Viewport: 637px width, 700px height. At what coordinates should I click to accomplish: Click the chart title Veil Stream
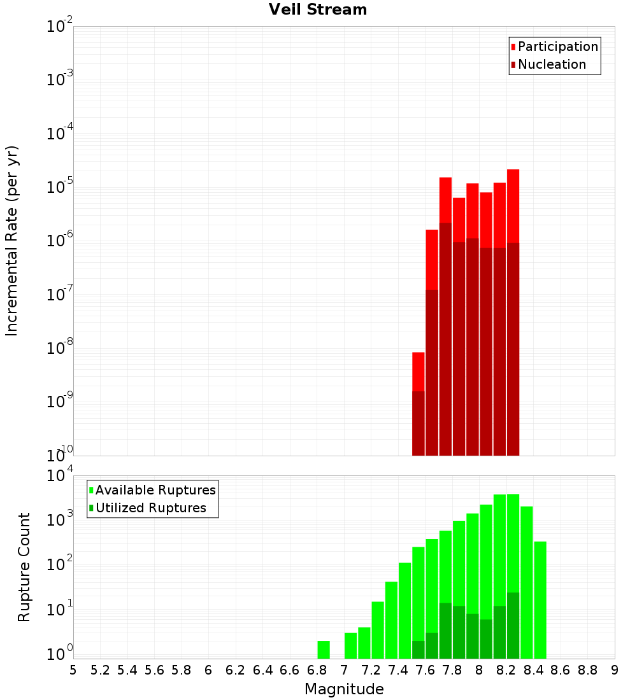pos(318,10)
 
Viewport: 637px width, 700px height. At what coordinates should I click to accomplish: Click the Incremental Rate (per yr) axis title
pos(12,241)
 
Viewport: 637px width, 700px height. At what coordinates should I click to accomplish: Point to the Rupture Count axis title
pos(24,567)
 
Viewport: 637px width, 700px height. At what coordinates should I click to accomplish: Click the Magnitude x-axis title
pos(344,689)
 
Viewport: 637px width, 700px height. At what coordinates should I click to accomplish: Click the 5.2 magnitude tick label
pos(100,670)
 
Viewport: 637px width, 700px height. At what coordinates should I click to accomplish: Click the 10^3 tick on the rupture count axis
pos(60,519)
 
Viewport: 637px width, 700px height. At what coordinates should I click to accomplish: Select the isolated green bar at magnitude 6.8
pos(324,649)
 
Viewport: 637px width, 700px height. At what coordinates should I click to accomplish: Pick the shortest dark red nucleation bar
pos(419,423)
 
